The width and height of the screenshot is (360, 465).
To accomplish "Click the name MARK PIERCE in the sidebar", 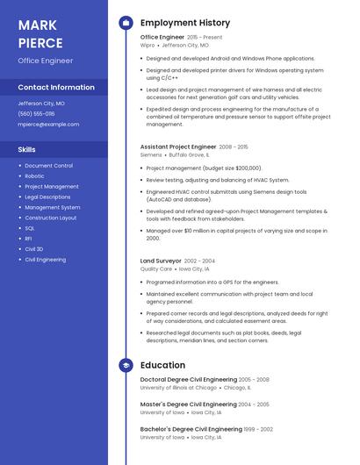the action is [40, 33].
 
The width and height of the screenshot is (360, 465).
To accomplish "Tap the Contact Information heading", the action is [56, 88].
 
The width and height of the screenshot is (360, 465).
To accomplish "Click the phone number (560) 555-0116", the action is [36, 114].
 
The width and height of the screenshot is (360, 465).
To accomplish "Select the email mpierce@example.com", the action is [48, 125].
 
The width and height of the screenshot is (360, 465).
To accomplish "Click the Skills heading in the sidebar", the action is [27, 150].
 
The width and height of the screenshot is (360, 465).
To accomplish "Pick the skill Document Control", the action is [48, 166].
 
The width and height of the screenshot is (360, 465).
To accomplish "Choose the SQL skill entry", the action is [30, 228].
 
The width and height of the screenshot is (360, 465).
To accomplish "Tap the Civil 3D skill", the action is [33, 249].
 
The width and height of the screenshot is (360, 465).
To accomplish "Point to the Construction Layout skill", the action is [51, 218].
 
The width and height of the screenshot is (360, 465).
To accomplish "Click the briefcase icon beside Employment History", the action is [126, 23].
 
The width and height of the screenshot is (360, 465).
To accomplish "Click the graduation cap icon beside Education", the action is [126, 365].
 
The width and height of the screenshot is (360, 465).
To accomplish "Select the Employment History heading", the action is [185, 23].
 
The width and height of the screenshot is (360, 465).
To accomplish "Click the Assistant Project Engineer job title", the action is [178, 147].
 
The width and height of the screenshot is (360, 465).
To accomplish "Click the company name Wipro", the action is [148, 45].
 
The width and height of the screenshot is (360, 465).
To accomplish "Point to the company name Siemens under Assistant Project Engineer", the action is [151, 154].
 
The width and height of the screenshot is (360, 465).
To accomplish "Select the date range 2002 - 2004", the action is [199, 261].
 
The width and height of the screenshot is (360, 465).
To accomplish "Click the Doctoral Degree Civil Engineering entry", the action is [188, 380].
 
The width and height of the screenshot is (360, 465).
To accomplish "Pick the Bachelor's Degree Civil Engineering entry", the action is [191, 429].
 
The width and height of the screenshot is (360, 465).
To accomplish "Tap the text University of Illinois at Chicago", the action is [178, 387].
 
